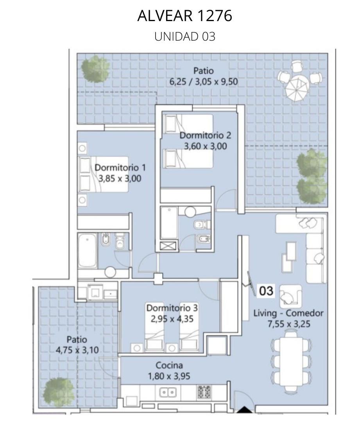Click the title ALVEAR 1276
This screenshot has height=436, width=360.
(185, 16)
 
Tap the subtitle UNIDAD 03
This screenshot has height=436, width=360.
(185, 36)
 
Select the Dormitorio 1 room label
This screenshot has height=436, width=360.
(120, 167)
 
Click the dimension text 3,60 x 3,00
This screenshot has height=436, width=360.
(205, 146)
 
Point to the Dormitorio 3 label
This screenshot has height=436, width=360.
(172, 308)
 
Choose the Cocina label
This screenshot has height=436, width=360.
(169, 365)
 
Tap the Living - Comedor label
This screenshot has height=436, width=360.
(288, 313)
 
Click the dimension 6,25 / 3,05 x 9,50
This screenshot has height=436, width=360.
(203, 82)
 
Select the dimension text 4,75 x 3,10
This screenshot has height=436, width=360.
(77, 350)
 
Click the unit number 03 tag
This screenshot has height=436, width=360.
(266, 291)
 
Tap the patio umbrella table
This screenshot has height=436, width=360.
(297, 88)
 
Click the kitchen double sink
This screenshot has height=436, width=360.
(168, 393)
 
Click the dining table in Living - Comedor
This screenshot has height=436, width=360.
(291, 361)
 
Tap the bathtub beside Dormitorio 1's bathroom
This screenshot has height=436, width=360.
(88, 250)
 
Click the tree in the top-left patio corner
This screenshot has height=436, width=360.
(95, 68)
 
